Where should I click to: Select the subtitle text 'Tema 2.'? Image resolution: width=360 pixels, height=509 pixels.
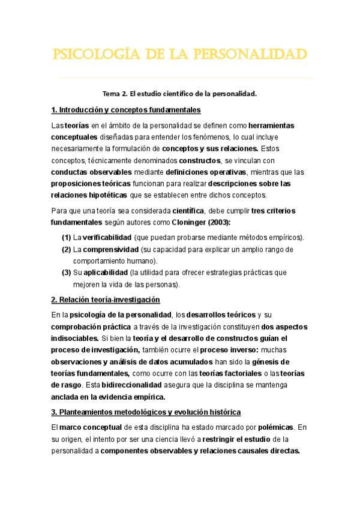tap(115, 94)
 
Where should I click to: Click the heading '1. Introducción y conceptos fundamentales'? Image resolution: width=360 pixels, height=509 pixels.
tap(126, 110)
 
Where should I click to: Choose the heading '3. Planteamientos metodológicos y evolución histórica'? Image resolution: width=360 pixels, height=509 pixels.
tap(146, 412)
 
